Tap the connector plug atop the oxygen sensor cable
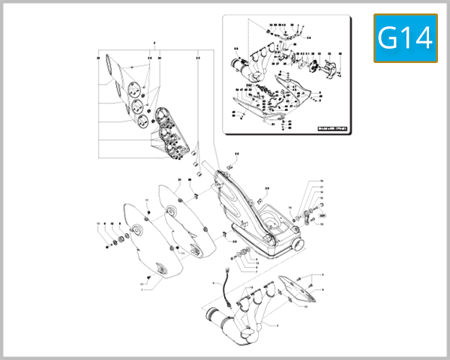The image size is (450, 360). point(226,269)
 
